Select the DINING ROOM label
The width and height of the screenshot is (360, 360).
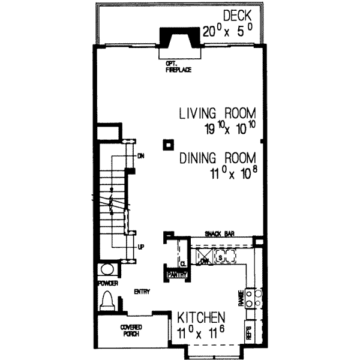point(218,158)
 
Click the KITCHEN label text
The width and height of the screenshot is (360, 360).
point(200,317)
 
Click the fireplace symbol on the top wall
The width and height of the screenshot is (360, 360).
point(178,41)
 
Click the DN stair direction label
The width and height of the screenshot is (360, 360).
point(142,156)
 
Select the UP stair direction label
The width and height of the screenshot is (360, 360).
point(140,246)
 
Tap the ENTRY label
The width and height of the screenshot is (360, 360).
point(142,292)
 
